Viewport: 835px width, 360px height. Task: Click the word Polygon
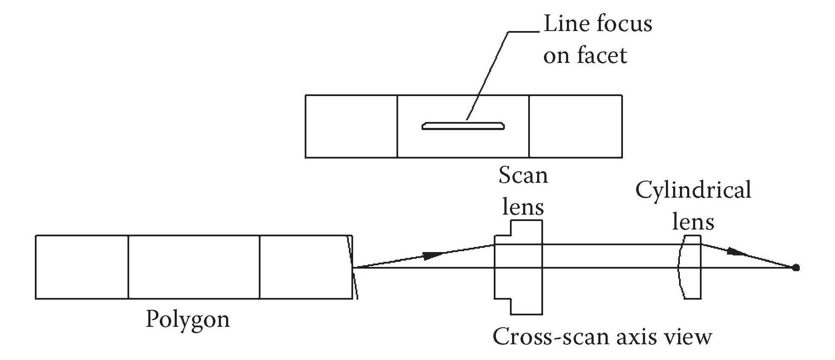pyautogui.click(x=187, y=320)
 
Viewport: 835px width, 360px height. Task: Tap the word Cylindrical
pyautogui.click(x=693, y=190)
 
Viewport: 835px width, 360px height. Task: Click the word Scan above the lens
pyautogui.click(x=523, y=175)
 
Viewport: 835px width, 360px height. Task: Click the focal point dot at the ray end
pyautogui.click(x=796, y=267)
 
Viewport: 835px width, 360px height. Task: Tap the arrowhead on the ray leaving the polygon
pyautogui.click(x=433, y=255)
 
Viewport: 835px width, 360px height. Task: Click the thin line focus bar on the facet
pyautogui.click(x=463, y=126)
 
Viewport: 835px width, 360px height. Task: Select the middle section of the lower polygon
pyautogui.click(x=193, y=267)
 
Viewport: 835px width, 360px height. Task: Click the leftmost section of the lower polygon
pyautogui.click(x=82, y=267)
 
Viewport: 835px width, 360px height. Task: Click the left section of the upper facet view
pyautogui.click(x=351, y=126)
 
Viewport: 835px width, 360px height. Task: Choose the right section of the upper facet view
pyautogui.click(x=575, y=126)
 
